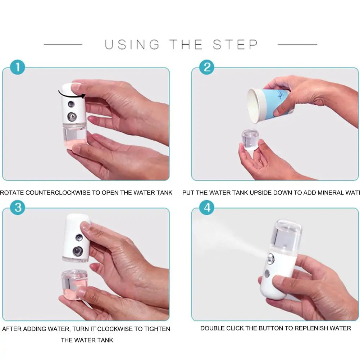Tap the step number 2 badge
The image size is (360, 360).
206,68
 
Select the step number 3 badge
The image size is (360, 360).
18,208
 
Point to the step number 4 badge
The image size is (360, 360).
206,208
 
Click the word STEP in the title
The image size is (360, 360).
235,45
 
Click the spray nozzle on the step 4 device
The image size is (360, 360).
270,258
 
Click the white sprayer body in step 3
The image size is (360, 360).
76,237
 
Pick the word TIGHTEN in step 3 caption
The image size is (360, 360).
157,329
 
